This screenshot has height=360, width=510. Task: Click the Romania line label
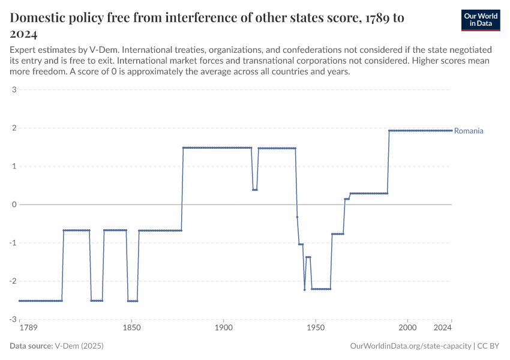(469, 131)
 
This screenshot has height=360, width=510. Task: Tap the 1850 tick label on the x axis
(131, 328)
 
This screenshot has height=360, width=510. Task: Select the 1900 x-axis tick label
(223, 328)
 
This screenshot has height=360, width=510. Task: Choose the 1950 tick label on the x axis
(316, 328)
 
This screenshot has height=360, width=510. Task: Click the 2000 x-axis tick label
(407, 328)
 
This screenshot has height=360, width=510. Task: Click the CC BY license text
(489, 346)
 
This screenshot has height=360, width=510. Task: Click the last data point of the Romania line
(452, 131)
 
